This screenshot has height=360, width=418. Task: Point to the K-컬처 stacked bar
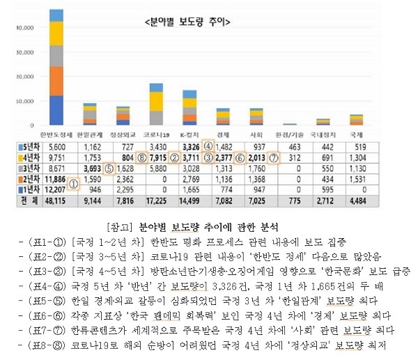coord(189,108)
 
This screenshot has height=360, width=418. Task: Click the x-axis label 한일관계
coord(89,134)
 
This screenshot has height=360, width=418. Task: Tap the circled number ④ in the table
coord(208,146)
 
